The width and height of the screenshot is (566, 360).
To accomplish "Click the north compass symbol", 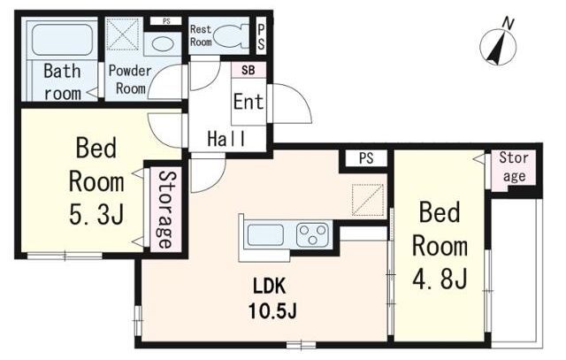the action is pos(499,46).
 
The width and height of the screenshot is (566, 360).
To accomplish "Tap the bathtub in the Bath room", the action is pos(62,39).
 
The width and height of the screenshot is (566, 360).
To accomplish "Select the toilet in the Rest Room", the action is pos(232,36).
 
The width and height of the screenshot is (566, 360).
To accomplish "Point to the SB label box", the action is pos(249,70).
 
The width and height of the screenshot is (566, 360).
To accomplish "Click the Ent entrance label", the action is pos(249,102).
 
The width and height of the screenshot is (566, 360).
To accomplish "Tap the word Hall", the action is pos(226,139).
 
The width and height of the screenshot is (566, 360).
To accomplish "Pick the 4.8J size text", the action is pos(440,279).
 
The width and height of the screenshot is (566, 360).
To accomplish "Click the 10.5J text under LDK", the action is pos(272,310).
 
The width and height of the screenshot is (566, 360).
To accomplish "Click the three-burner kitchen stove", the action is pos(312,234).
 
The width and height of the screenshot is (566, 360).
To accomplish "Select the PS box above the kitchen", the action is pos(366,158).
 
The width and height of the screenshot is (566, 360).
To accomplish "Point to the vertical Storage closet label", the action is pos(165,211).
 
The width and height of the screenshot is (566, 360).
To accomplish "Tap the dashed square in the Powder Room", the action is pos(123,34).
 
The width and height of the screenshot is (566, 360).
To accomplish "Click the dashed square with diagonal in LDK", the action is pos(368,200).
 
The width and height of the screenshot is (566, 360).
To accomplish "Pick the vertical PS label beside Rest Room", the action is pos(261,37).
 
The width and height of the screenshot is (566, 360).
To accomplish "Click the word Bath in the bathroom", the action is pos(62,71).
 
